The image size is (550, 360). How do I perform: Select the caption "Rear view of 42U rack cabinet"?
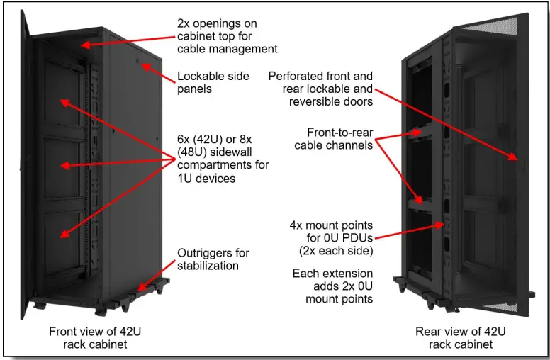click(461, 337)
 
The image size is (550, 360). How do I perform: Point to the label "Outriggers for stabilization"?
click(213, 259)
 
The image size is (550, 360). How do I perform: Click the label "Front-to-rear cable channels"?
click(333, 139)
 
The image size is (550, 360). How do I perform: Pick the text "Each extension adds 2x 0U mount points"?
click(332, 286)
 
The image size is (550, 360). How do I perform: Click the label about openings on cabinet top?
click(226, 36)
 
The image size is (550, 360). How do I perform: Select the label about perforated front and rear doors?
click(320, 89)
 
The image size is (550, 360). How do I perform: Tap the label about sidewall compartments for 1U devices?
click(223, 159)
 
